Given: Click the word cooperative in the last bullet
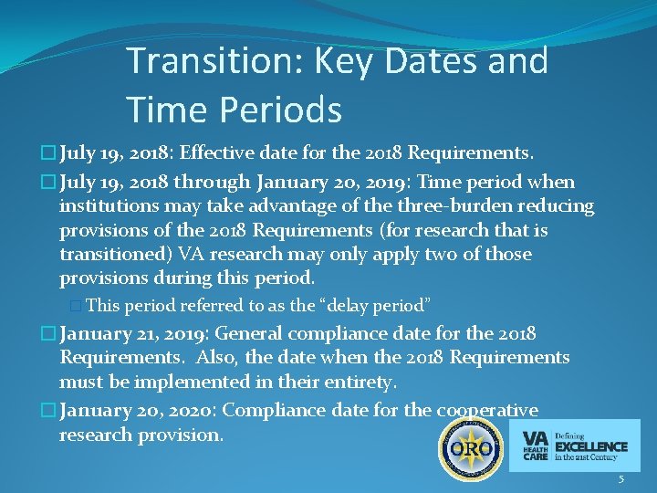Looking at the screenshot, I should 487,411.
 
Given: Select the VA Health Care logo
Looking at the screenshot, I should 574,446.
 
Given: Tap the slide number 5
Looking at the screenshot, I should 621,479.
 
